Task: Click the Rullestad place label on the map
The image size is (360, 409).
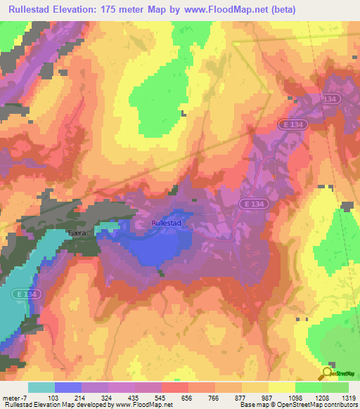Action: coord(167,223)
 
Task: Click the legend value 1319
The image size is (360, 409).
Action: coord(349,398)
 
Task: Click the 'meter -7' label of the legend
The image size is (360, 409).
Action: coord(15,398)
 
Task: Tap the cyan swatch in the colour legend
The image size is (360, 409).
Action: coord(41,387)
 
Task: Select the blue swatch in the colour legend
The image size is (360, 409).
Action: coord(67,387)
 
